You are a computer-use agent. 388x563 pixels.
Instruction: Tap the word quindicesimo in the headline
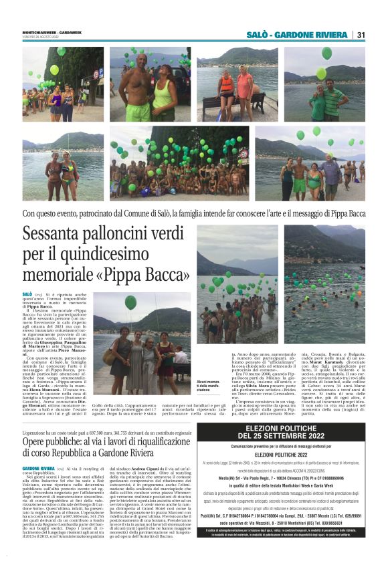click(114, 255)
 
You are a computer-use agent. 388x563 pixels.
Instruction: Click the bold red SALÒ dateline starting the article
click(27, 294)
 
